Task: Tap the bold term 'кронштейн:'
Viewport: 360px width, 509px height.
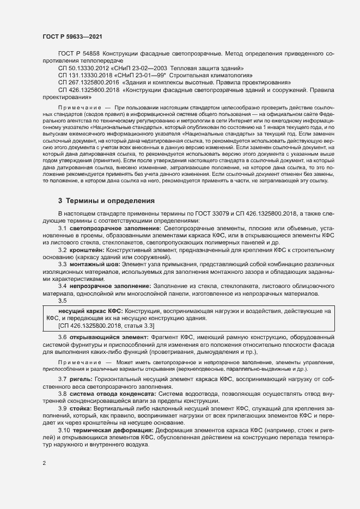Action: point(87,249)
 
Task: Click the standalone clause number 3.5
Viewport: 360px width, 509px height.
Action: point(62,301)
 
